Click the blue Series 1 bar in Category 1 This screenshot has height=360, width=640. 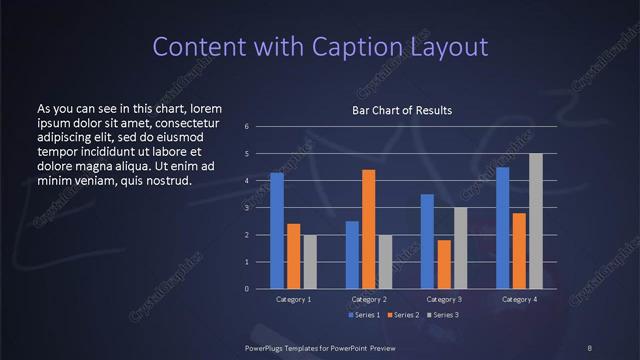click(x=277, y=231)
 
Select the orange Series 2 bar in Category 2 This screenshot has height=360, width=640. click(x=368, y=229)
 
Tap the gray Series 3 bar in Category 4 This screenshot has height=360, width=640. click(x=536, y=221)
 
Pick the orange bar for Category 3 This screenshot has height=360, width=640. click(x=443, y=264)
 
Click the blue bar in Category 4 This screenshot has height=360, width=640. click(x=503, y=228)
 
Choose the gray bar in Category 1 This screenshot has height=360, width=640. click(x=309, y=262)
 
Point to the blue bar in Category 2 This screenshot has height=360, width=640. click(x=352, y=255)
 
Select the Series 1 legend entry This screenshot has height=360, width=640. click(x=364, y=315)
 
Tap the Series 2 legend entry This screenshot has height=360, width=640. click(x=402, y=315)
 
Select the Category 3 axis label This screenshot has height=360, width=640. click(x=444, y=299)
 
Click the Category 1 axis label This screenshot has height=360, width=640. click(x=294, y=299)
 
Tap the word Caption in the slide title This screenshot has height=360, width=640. click(x=358, y=46)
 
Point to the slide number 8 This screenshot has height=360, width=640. click(x=589, y=348)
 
